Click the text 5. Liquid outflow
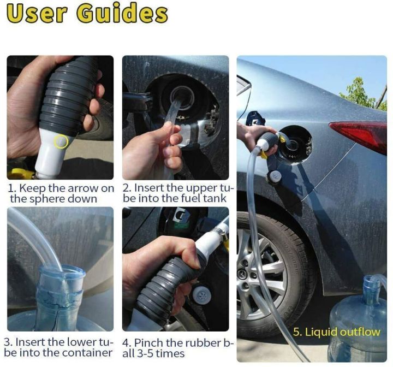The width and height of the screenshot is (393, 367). pos(336,332)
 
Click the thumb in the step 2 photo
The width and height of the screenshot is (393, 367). pos(164,131)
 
